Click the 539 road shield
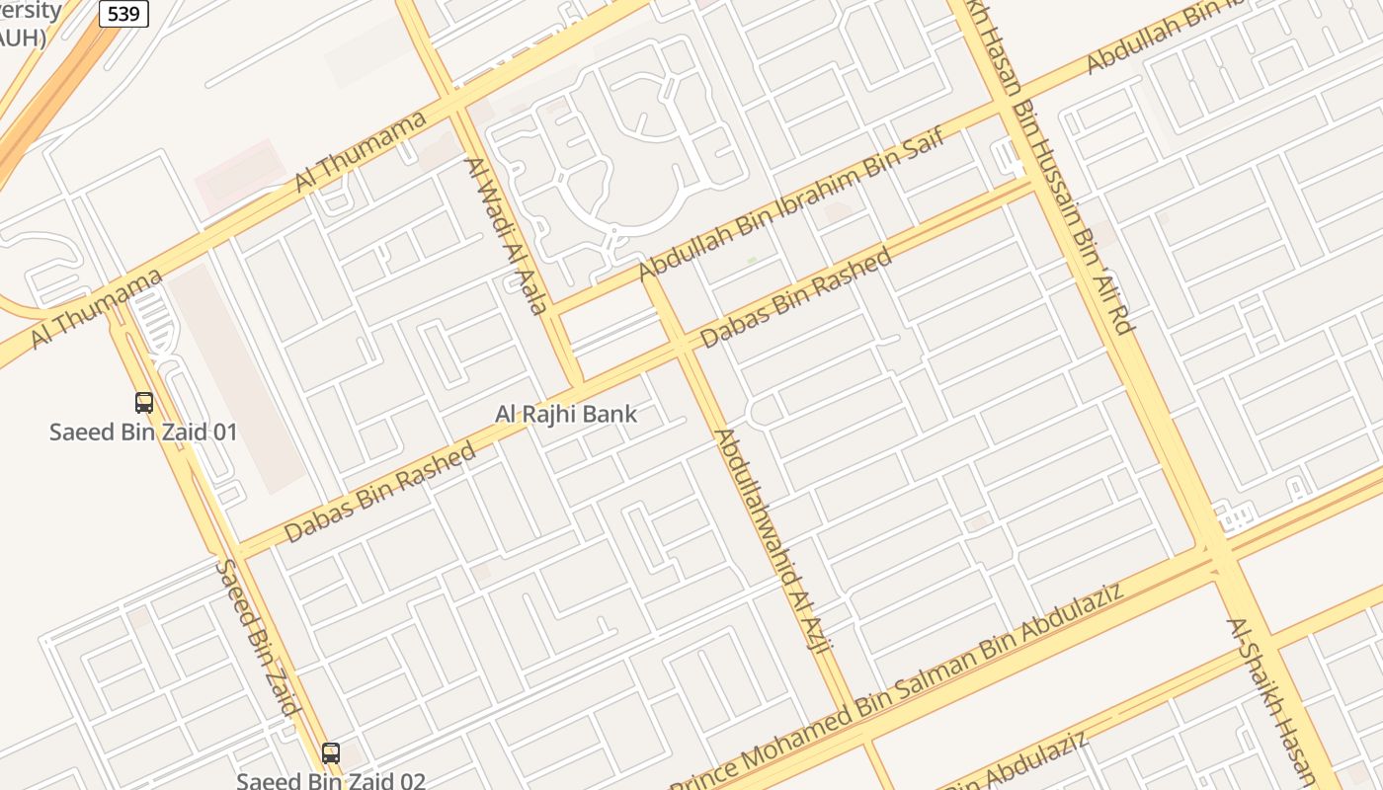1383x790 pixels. (123, 14)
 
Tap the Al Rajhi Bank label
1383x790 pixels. (566, 415)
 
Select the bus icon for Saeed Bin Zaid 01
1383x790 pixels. (144, 403)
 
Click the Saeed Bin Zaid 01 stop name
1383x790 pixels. (144, 432)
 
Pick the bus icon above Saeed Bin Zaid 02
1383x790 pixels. (331, 752)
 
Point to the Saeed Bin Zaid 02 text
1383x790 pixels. (331, 781)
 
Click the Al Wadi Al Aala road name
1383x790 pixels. (506, 236)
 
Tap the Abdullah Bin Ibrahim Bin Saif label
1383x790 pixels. (791, 203)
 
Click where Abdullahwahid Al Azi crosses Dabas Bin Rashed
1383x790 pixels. (683, 345)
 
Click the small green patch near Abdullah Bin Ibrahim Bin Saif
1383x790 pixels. (752, 261)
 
